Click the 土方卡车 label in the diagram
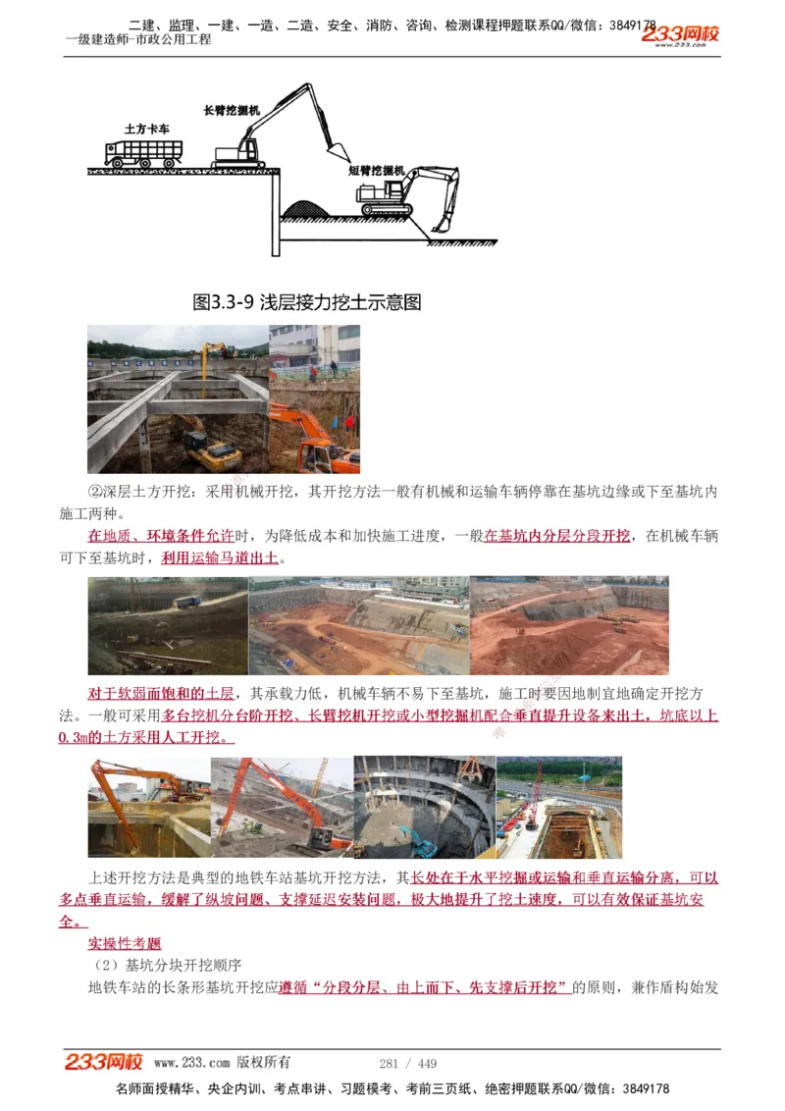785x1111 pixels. pos(146,129)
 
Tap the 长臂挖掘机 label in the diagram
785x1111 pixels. pos(232,111)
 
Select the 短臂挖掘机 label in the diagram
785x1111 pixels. pos(376,170)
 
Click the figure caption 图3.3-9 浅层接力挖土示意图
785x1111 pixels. pos(307,302)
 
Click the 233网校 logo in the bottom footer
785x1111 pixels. pos(104,1062)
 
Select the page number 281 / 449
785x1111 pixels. pos(407,1063)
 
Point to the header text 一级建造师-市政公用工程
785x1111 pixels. pos(138,40)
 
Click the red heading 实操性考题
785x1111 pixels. pos(125,943)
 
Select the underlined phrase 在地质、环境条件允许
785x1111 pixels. pos(161,536)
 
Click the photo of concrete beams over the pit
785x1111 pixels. pos(178,399)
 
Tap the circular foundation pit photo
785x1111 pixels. pos(424,807)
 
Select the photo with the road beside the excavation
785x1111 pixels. pos(559,807)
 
